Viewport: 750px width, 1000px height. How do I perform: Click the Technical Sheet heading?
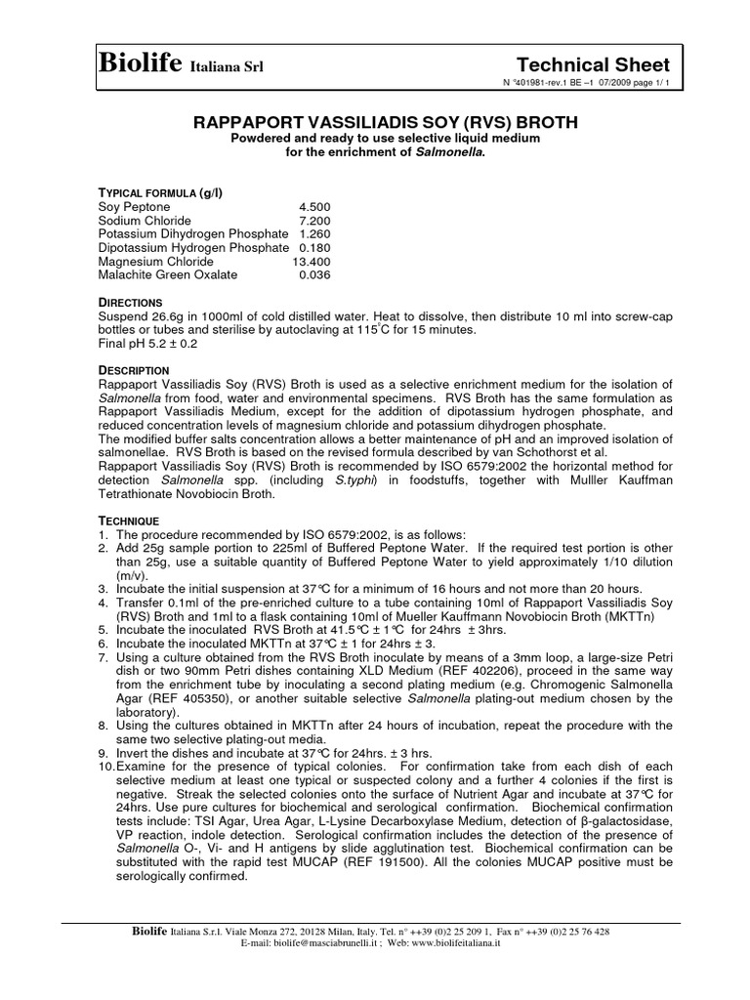599,64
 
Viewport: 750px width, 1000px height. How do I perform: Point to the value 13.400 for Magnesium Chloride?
312,262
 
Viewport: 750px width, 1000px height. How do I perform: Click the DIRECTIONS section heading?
131,303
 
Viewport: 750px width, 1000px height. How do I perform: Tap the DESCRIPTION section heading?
135,371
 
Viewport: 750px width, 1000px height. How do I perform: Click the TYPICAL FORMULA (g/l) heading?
161,193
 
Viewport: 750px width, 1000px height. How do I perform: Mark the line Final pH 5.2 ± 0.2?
147,344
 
